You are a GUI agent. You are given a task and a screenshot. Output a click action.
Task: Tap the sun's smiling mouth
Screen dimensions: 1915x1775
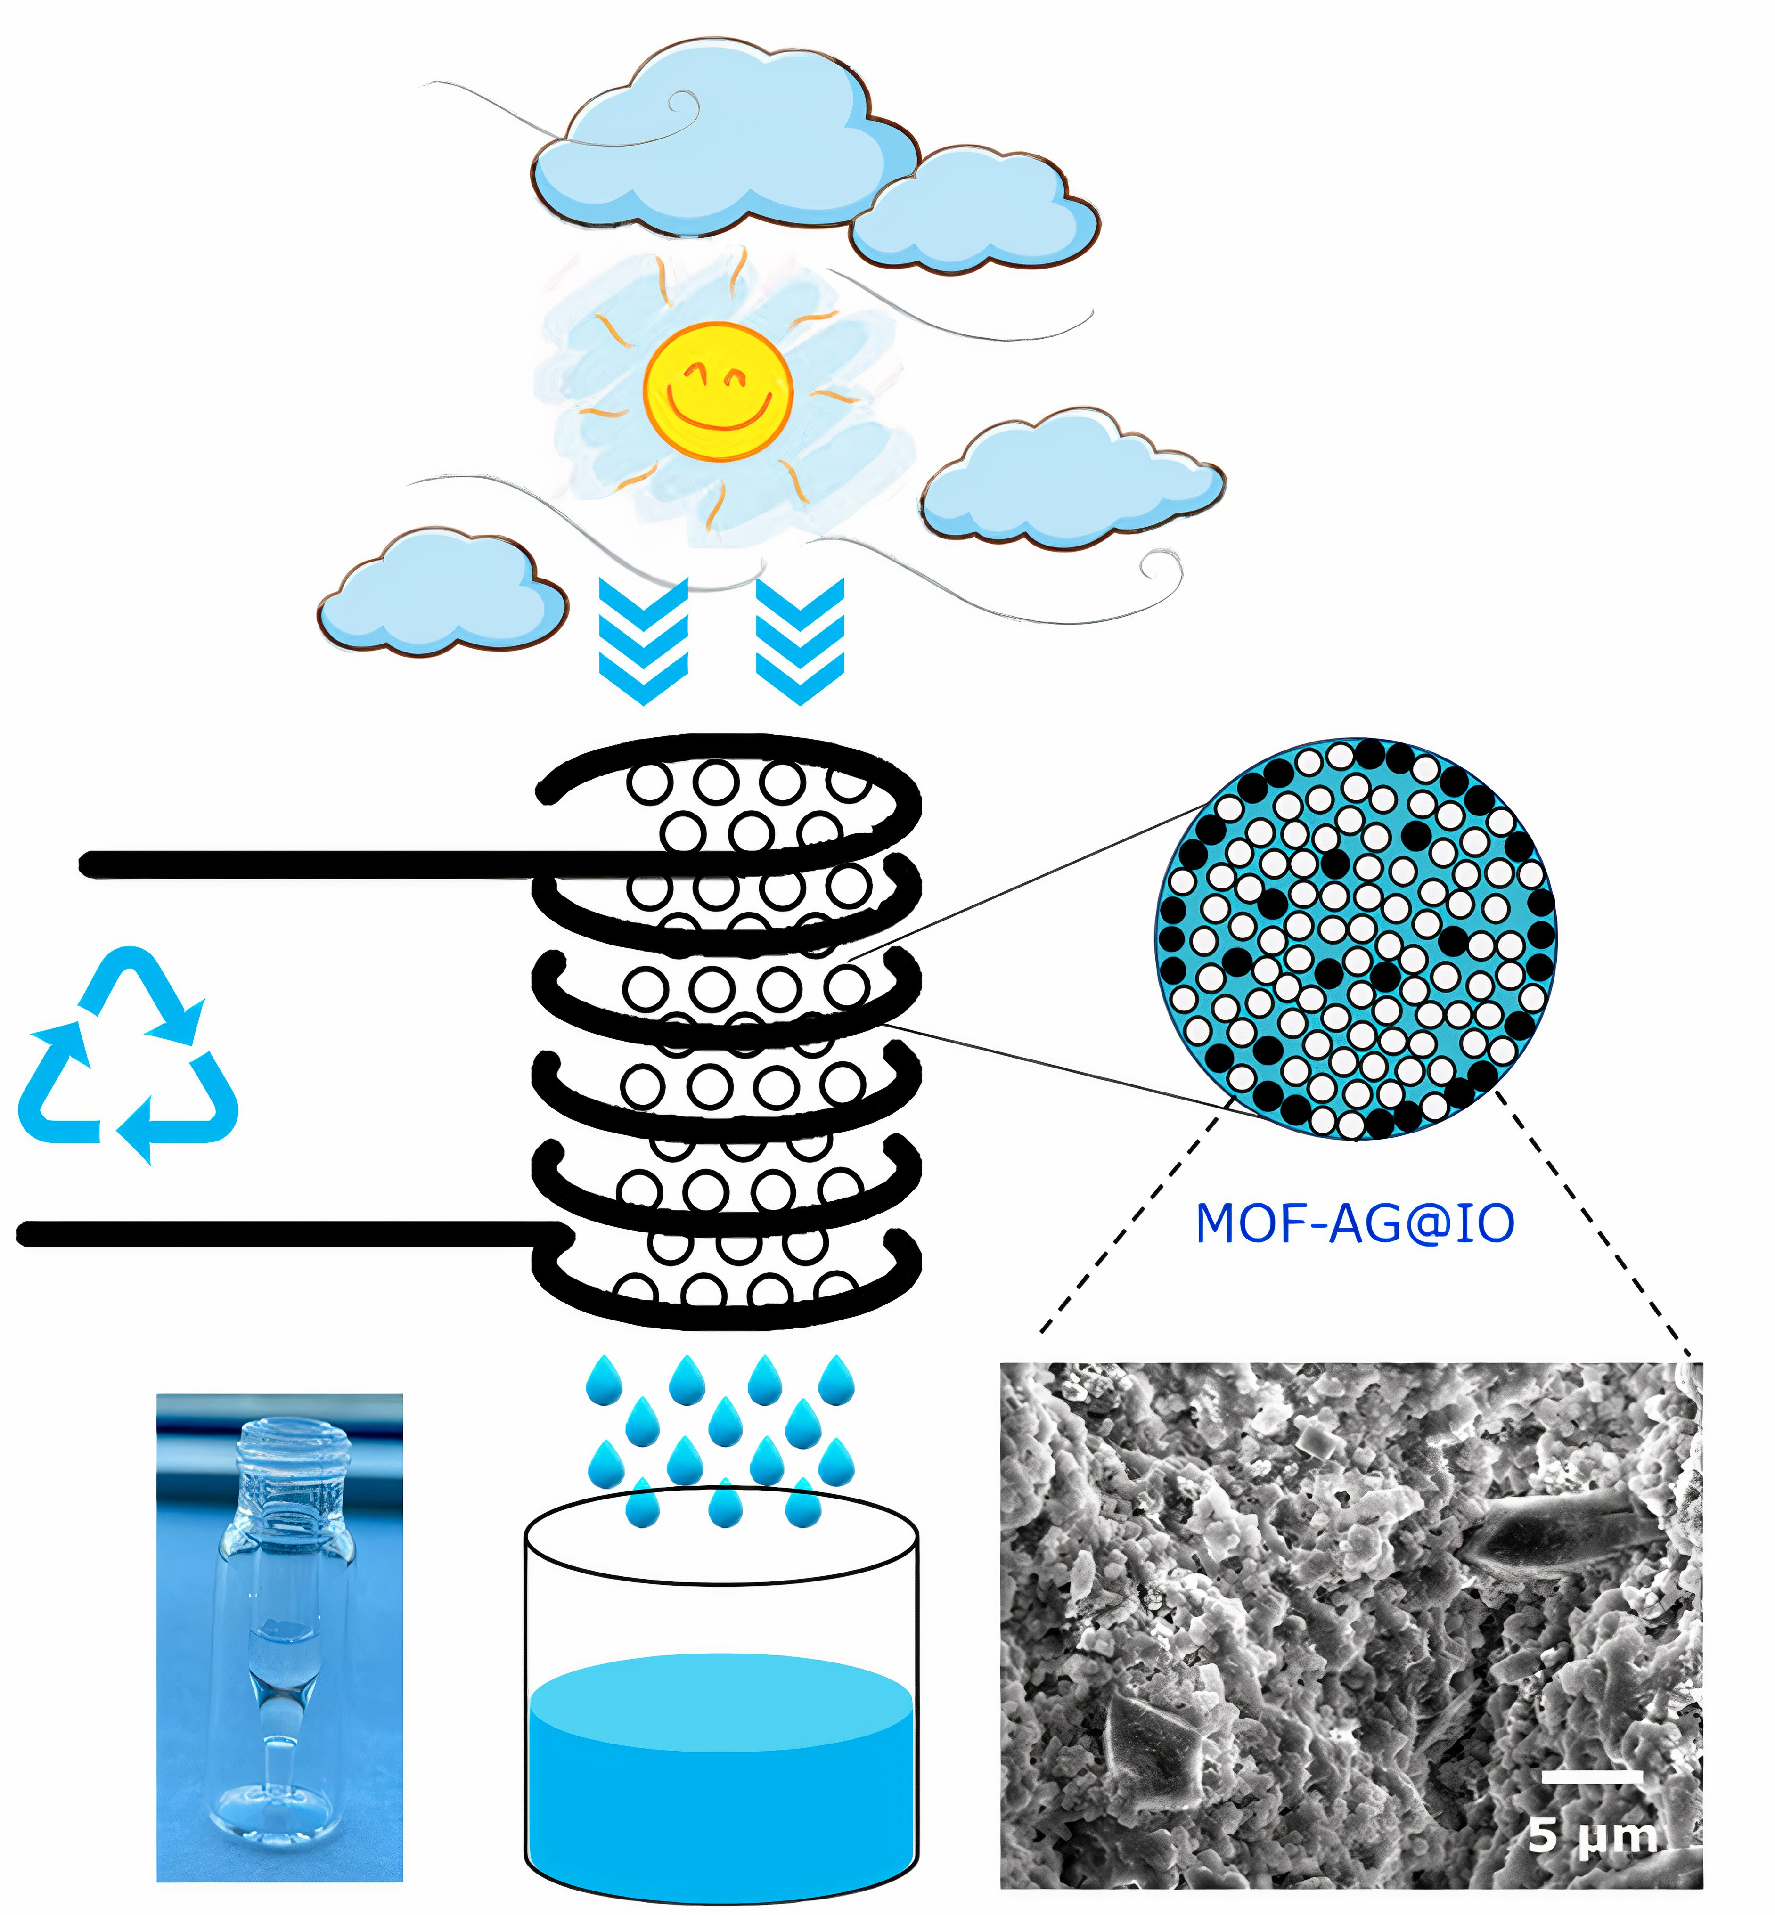coord(720,413)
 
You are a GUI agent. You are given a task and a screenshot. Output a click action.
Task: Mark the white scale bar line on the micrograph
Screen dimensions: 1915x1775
coord(1592,1777)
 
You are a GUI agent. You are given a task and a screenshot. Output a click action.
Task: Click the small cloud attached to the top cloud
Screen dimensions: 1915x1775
coord(975,213)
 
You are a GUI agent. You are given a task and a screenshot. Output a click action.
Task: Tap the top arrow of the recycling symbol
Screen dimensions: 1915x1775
coord(144,989)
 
